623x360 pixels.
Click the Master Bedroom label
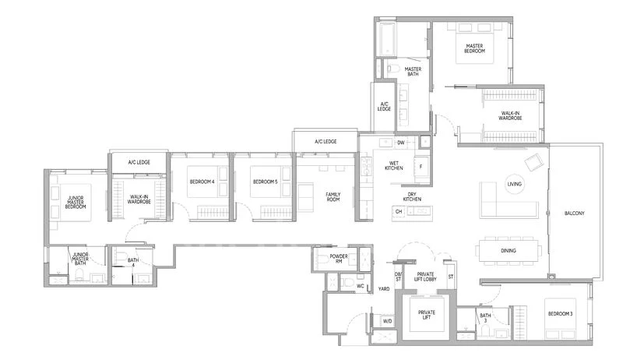pyautogui.click(x=474, y=49)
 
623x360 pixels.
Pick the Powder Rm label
pyautogui.click(x=338, y=258)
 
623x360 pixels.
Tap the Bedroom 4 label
pyautogui.click(x=202, y=182)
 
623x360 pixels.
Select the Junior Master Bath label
pyautogui.click(x=79, y=259)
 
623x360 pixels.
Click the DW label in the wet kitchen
pyautogui.click(x=400, y=143)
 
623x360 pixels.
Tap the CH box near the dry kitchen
pyautogui.click(x=398, y=211)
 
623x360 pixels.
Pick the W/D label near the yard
pyautogui.click(x=386, y=319)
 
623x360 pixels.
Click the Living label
pyautogui.click(x=515, y=184)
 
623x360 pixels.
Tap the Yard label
pyautogui.click(x=384, y=288)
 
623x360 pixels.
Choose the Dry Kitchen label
pyautogui.click(x=413, y=197)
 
